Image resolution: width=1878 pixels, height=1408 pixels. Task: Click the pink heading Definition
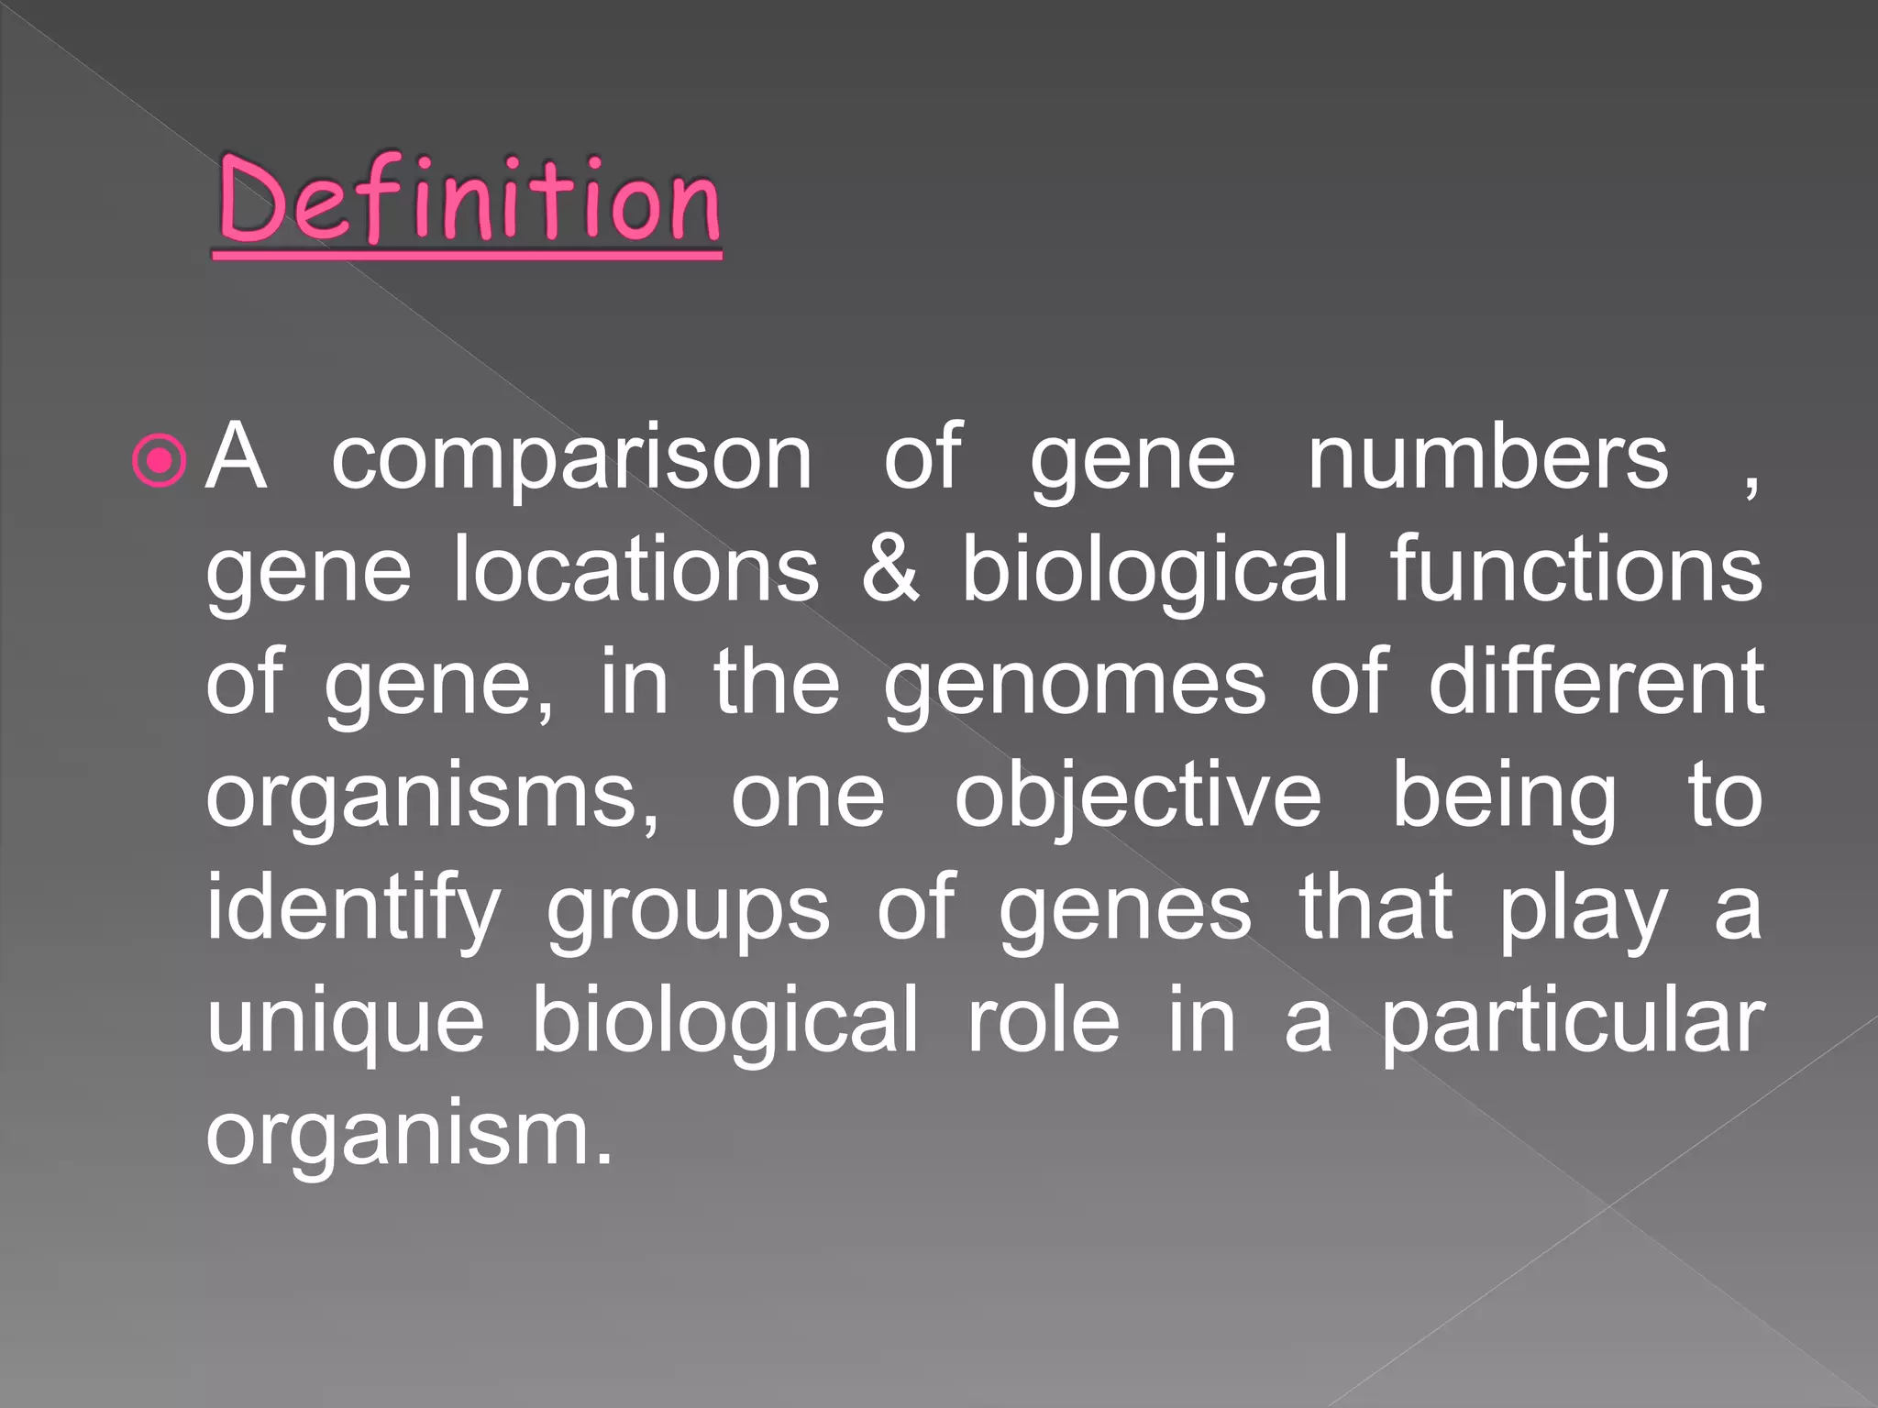[x=469, y=202]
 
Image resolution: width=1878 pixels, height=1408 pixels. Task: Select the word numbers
[x=1487, y=457]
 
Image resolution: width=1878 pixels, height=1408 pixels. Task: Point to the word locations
[x=636, y=570]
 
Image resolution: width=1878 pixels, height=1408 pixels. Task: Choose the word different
[x=1596, y=682]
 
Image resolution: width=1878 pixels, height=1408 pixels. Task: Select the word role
[x=1043, y=1021]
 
